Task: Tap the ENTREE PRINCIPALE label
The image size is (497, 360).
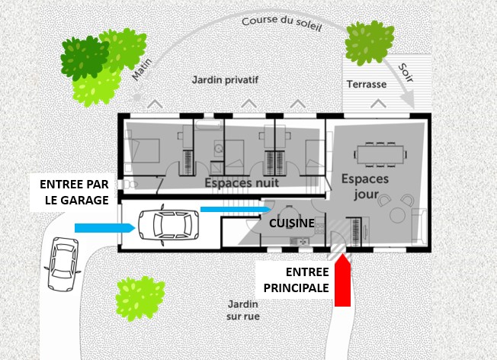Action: click(x=296, y=280)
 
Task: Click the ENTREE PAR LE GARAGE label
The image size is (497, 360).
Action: click(x=75, y=192)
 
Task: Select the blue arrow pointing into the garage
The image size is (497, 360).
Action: click(x=104, y=227)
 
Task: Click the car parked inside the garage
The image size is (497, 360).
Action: click(x=165, y=225)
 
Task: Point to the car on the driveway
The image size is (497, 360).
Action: click(x=62, y=263)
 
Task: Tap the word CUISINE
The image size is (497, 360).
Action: click(x=292, y=223)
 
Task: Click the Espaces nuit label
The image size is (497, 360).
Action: click(x=241, y=183)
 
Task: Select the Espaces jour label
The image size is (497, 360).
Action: click(x=364, y=186)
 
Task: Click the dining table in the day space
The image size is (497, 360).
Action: click(x=380, y=155)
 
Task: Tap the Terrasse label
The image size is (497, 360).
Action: click(x=367, y=84)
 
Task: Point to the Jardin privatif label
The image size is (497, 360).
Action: click(x=225, y=79)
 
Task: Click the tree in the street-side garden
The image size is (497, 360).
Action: click(x=139, y=297)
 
